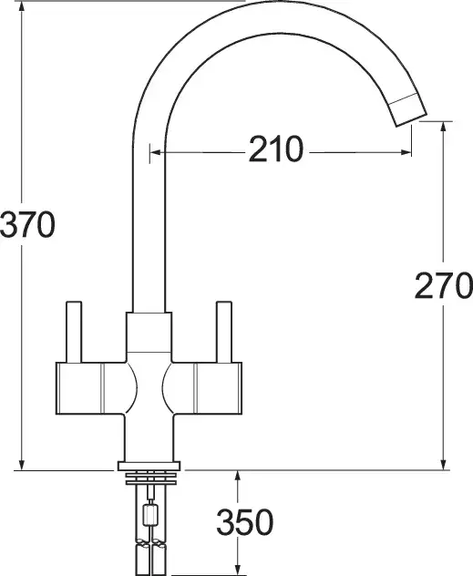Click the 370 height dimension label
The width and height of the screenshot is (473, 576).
pyautogui.click(x=27, y=225)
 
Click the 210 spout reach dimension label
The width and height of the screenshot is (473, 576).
pyautogui.click(x=276, y=149)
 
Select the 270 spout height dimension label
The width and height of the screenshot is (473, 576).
pyautogui.click(x=444, y=285)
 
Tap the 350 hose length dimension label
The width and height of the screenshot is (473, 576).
pyautogui.click(x=245, y=522)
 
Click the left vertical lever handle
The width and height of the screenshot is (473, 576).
pyautogui.click(x=74, y=332)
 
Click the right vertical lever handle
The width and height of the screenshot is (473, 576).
pyautogui.click(x=224, y=332)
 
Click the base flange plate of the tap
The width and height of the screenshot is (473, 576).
pyautogui.click(x=149, y=466)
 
